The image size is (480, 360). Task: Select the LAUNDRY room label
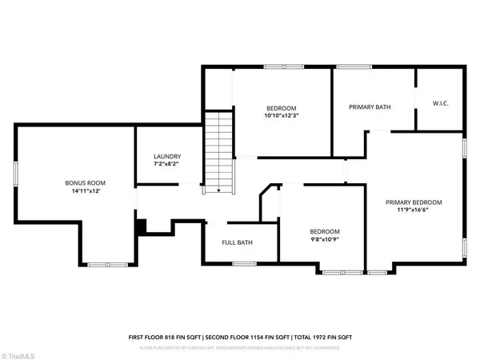click(x=167, y=157)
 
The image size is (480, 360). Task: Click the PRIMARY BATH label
click(x=369, y=106)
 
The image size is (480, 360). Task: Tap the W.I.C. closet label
click(x=440, y=102)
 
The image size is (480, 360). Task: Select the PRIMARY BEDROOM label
click(x=413, y=202)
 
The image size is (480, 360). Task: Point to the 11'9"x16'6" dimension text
click(x=413, y=211)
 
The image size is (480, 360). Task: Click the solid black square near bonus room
click(x=141, y=227)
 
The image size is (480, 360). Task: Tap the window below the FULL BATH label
click(x=239, y=262)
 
